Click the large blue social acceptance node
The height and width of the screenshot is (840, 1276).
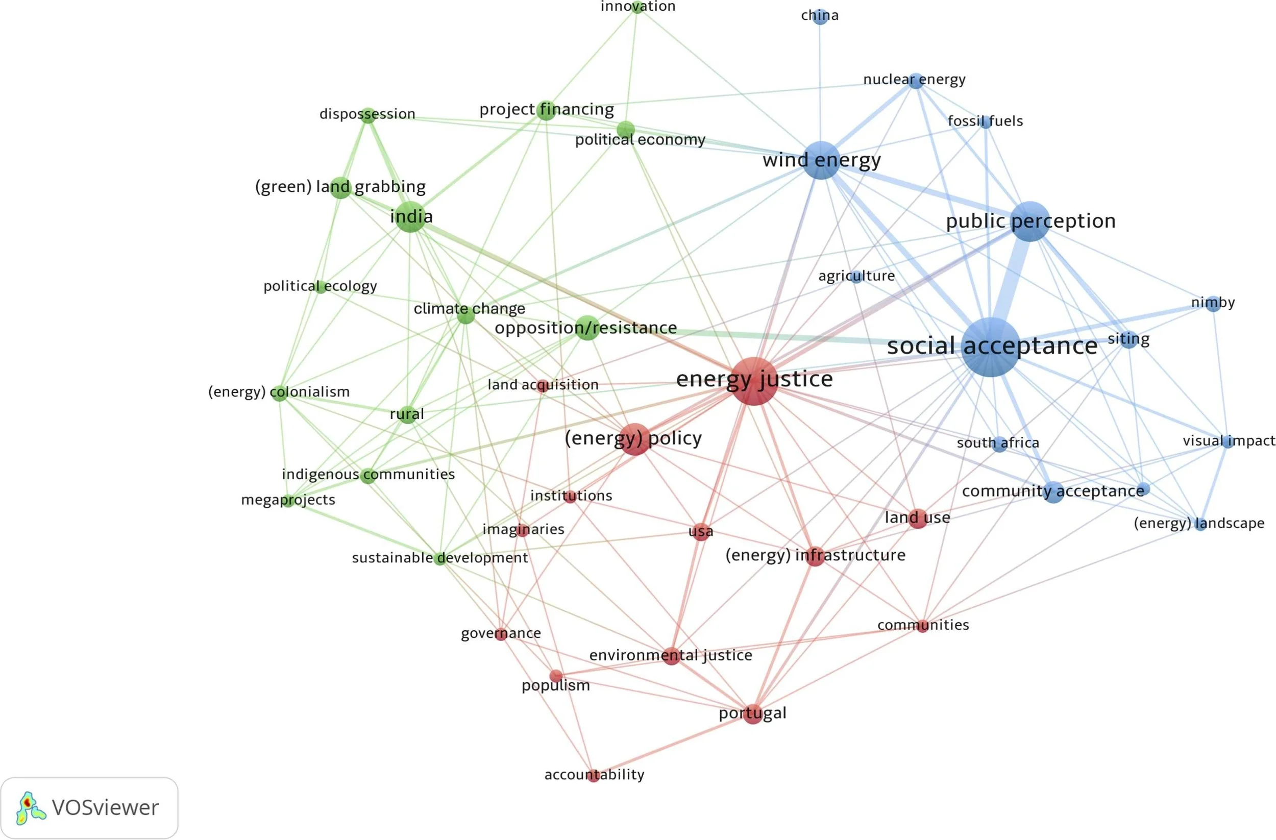point(990,347)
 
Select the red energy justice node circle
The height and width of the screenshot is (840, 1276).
point(754,381)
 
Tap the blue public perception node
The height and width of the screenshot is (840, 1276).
point(1030,221)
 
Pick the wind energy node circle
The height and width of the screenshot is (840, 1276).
point(821,160)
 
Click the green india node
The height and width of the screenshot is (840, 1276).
point(410,216)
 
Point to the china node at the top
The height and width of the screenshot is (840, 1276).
point(820,16)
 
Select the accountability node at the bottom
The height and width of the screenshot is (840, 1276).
point(593,775)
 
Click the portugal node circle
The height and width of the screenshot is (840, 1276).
point(753,714)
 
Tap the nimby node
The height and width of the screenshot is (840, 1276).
point(1213,304)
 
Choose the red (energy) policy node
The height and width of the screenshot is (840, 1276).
point(635,439)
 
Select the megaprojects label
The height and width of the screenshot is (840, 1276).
point(288,500)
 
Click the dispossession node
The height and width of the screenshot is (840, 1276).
point(368,115)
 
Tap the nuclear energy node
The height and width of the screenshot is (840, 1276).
point(916,81)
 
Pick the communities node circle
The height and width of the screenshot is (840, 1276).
point(922,626)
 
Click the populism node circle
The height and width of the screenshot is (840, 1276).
point(556,676)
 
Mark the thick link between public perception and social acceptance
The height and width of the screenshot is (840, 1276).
point(1010,284)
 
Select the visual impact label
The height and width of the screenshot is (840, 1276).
point(1229,440)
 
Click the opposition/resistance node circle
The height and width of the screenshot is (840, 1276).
point(587,328)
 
